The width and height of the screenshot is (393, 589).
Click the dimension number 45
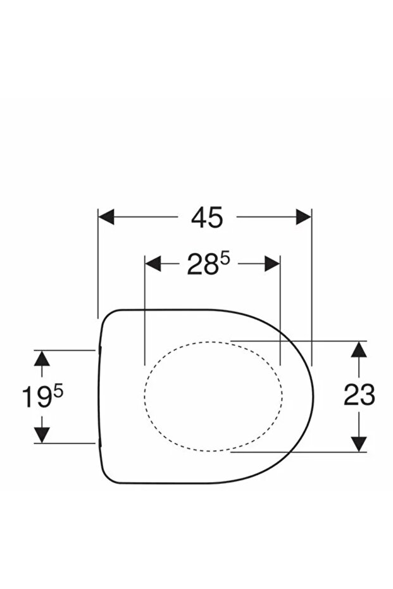pos(207,218)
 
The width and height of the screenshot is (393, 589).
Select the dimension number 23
pos(359,395)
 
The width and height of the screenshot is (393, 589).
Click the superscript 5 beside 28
pos(225,259)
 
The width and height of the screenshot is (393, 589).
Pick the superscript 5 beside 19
pos(59,392)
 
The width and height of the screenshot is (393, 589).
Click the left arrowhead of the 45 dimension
pos(106,217)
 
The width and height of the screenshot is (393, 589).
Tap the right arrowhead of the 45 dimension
pos(304,217)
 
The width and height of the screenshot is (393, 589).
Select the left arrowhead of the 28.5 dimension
pos(153,264)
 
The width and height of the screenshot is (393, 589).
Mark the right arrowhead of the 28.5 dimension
pos(272,264)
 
